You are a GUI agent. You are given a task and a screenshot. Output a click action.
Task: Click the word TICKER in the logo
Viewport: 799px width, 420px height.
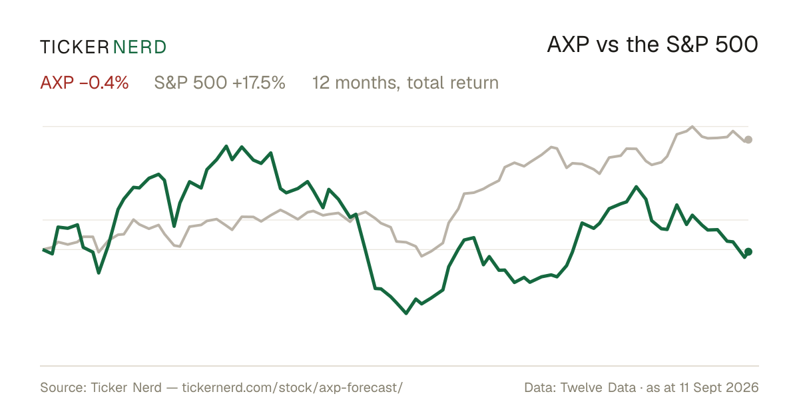click(75, 47)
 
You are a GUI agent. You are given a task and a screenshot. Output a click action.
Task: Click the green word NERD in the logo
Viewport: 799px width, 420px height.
click(140, 47)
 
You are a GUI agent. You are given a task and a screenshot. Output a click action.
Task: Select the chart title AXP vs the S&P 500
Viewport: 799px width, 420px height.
click(653, 45)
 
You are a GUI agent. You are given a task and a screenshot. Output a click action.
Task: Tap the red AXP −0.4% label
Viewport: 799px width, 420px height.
click(84, 83)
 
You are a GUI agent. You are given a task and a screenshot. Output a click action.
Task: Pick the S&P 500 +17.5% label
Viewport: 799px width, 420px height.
click(220, 83)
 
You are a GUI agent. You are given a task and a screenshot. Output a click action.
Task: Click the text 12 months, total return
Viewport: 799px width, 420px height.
click(405, 83)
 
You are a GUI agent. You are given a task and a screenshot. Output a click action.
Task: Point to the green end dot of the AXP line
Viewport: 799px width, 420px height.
click(748, 252)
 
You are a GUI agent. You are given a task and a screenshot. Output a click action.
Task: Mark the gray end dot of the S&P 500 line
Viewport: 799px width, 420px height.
click(748, 139)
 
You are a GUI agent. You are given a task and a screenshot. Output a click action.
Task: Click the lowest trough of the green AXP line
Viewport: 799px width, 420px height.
click(406, 313)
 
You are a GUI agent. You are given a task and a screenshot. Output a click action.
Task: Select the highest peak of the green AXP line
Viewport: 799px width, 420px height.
click(226, 146)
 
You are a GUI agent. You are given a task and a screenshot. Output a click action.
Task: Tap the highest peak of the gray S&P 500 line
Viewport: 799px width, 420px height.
click(692, 127)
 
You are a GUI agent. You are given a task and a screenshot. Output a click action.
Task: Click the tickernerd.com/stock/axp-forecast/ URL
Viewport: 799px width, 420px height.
click(292, 387)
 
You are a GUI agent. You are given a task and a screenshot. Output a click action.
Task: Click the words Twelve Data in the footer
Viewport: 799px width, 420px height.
click(598, 387)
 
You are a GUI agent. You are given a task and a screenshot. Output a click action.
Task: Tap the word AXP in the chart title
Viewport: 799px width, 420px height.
click(568, 45)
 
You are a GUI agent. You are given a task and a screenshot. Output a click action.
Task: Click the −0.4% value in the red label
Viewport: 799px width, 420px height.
click(103, 83)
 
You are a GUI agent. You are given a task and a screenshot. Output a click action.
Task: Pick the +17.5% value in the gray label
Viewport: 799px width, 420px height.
click(258, 83)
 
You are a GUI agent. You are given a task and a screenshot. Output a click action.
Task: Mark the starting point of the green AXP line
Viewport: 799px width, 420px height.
click(43, 249)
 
